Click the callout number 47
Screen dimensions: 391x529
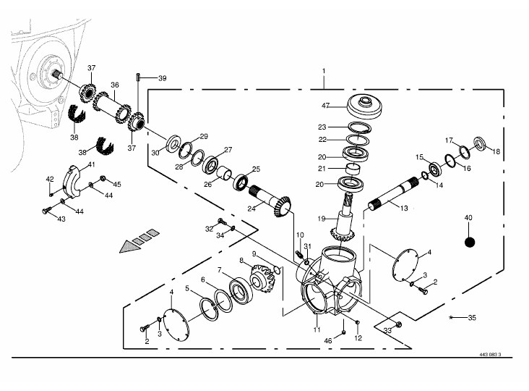325,106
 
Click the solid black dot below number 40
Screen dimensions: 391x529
468,242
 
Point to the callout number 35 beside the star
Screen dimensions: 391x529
472,317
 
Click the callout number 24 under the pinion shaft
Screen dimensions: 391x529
251,209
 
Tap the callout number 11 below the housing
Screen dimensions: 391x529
317,330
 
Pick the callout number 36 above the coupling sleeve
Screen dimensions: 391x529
114,85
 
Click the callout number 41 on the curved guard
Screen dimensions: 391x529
91,165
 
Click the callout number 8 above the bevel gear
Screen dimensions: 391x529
241,260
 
